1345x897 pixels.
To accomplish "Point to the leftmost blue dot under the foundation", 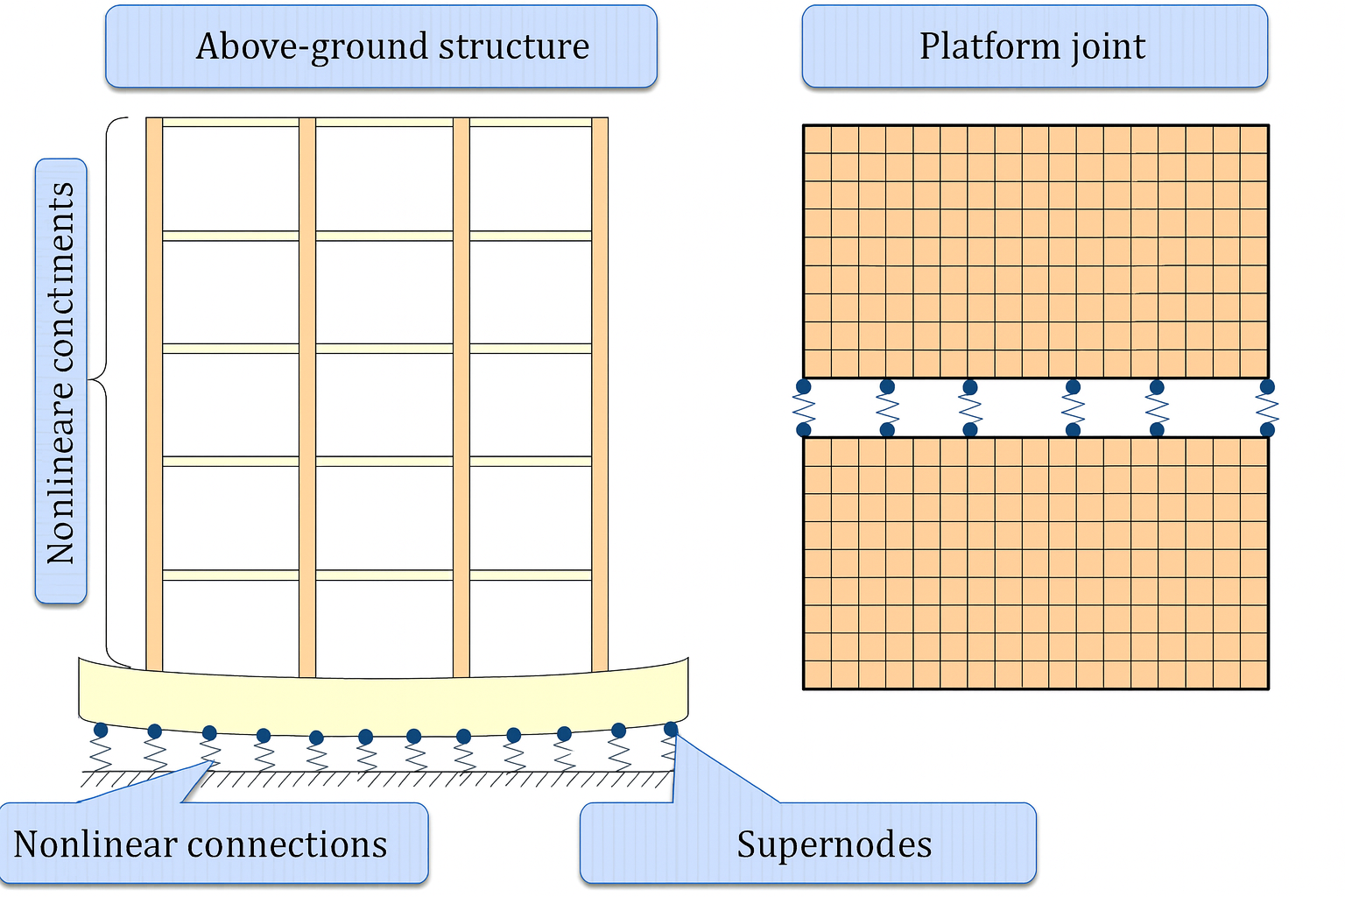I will tap(101, 730).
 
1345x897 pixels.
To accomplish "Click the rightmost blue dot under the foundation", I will tap(671, 729).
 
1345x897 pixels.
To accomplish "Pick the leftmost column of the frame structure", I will tap(154, 394).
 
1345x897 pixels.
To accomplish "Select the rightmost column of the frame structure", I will tap(600, 394).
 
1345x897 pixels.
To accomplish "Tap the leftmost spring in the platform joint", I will tap(803, 408).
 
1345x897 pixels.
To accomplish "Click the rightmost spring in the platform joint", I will tap(1267, 408).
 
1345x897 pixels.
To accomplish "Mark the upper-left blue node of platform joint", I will tap(803, 386).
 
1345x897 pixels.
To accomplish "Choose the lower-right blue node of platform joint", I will tap(1267, 429).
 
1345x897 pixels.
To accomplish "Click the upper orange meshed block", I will tap(1035, 251).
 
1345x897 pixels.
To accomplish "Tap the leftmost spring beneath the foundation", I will tap(101, 753).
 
